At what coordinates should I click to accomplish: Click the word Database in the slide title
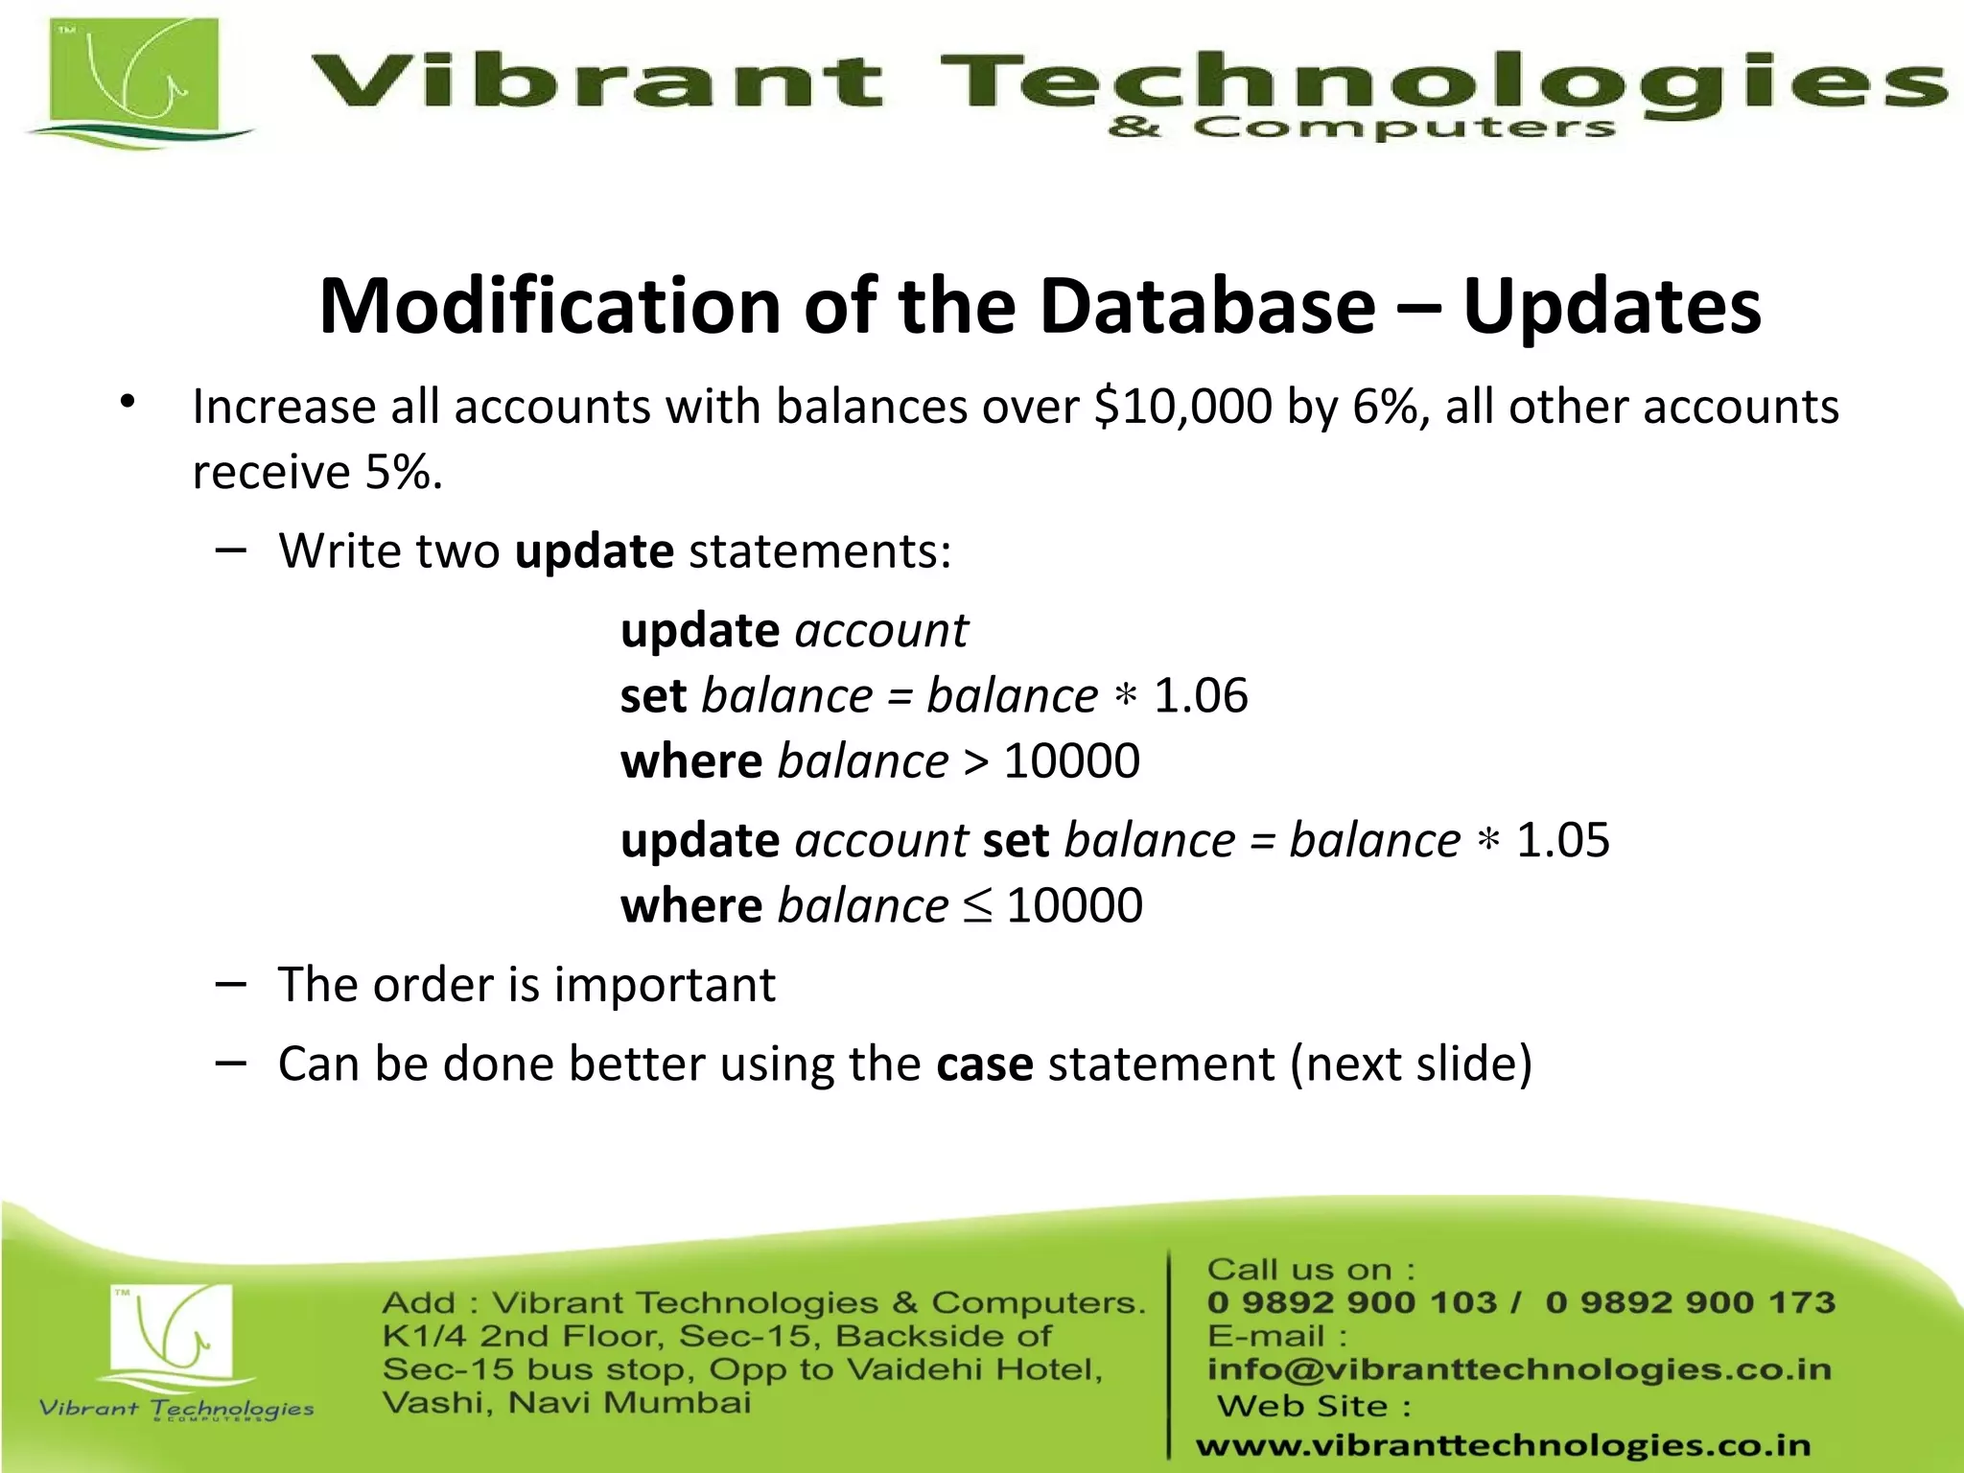click(1207, 306)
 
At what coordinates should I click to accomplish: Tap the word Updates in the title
click(1611, 306)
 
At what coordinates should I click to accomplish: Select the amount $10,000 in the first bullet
click(1181, 407)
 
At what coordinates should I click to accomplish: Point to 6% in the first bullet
click(1385, 407)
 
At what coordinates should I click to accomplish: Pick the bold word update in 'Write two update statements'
click(594, 551)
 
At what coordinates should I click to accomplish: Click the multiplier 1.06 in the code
click(1200, 695)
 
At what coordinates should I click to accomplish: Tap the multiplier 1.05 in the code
click(1562, 840)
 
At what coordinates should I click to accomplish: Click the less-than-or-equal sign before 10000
click(977, 906)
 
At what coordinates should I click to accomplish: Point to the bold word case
click(984, 1064)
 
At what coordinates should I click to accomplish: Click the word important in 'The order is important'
click(664, 985)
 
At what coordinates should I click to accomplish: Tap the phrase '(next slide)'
click(1411, 1064)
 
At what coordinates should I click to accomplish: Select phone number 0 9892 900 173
click(1690, 1302)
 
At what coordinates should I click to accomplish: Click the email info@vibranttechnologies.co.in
click(1518, 1369)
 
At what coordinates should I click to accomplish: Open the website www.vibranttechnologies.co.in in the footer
click(1503, 1445)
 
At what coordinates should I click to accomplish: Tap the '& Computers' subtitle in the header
click(1361, 128)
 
